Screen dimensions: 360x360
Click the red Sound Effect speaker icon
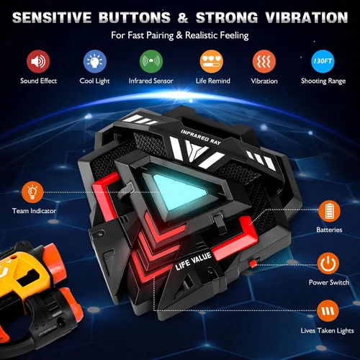38,61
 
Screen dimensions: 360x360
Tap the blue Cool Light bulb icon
95,61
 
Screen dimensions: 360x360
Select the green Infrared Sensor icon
151,61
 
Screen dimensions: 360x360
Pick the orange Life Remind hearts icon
212,61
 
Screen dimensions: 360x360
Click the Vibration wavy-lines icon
264,61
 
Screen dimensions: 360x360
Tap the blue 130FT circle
323,61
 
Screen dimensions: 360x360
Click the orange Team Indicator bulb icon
32,192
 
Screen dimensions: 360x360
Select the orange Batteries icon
329,211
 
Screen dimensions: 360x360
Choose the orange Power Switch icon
328,264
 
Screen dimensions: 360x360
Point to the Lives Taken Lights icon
328,311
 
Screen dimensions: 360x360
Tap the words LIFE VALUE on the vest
193,261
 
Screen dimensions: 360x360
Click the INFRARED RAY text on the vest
201,138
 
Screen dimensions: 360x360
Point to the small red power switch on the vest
253,264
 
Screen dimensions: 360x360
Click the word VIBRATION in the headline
307,17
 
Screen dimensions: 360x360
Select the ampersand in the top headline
183,18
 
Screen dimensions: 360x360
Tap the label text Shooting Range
323,81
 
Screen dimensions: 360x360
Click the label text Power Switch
329,282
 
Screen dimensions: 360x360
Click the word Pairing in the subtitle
160,36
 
